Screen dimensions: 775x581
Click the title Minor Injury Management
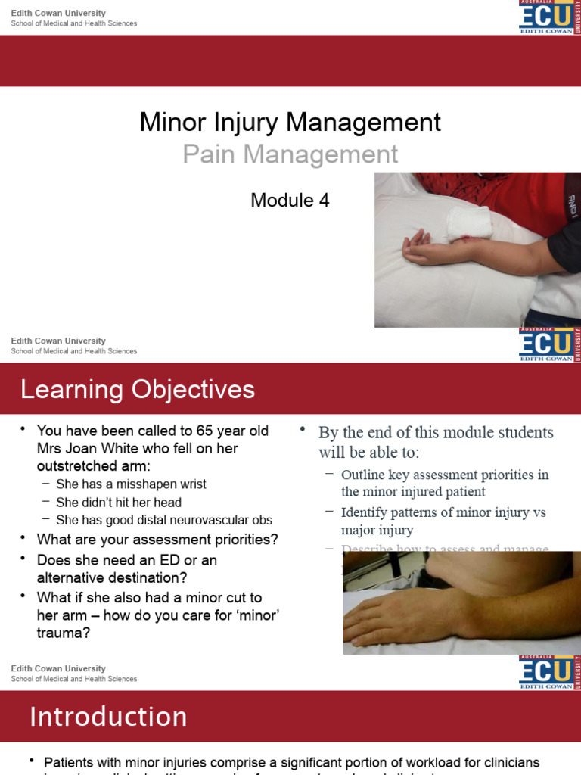[x=290, y=123]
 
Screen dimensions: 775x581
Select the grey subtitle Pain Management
[x=290, y=154]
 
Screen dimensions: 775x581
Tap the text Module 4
[x=290, y=201]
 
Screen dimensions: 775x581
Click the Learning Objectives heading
[x=138, y=390]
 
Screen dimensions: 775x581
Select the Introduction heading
[x=108, y=717]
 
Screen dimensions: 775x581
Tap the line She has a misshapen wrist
[x=131, y=484]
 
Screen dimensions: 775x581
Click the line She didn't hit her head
[x=119, y=502]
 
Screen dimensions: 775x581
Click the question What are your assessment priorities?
[x=157, y=540]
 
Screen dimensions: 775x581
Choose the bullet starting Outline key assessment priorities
[x=445, y=483]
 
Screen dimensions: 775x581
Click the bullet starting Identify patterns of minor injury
[x=443, y=521]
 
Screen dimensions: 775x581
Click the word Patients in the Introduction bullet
[x=69, y=761]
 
